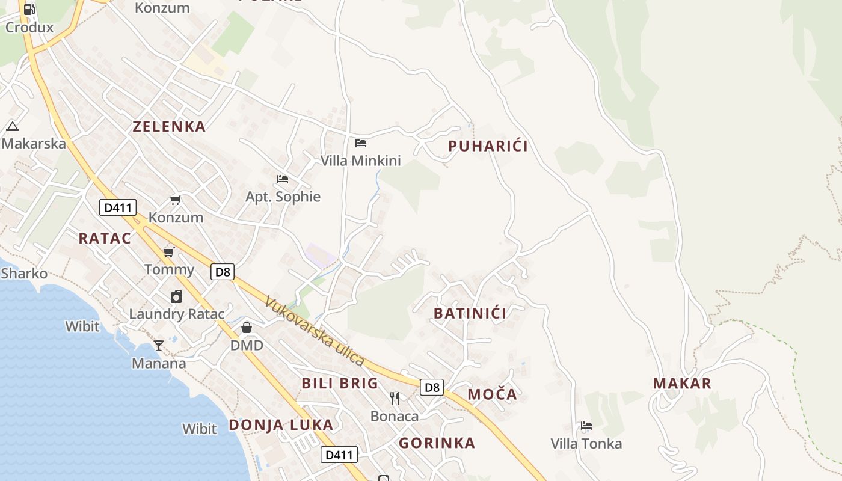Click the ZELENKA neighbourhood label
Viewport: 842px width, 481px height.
169,126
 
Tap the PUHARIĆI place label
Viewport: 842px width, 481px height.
488,146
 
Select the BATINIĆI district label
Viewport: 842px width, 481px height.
470,313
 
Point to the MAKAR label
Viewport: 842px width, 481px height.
682,383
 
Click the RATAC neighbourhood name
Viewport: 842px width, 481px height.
105,238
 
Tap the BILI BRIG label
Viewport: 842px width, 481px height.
340,383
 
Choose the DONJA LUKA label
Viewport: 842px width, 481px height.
281,425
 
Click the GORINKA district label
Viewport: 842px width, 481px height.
437,443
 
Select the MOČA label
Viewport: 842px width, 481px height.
492,394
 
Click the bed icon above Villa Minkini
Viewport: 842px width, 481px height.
361,143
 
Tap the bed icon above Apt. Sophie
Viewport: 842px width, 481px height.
283,179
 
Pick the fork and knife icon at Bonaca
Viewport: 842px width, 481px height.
395,398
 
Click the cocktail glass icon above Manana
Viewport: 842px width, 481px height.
159,345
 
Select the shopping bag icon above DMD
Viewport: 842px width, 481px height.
247,328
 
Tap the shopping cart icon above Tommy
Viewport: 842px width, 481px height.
169,252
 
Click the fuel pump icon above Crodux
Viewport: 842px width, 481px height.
29,9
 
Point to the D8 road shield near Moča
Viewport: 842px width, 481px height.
432,387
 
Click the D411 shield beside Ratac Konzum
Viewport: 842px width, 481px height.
118,208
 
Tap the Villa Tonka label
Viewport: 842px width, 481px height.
586,444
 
